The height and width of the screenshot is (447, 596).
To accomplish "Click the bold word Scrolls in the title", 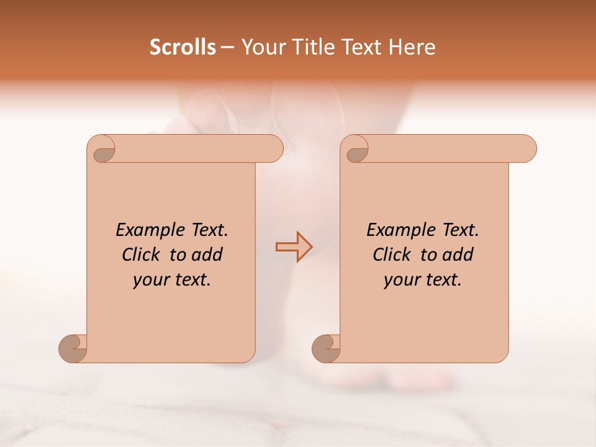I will [183, 47].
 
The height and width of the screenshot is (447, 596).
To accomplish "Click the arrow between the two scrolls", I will [294, 247].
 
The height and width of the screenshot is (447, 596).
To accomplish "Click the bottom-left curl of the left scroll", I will [73, 348].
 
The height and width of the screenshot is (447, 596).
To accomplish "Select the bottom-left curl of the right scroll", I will [327, 348].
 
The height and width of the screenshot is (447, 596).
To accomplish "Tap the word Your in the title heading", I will [261, 47].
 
